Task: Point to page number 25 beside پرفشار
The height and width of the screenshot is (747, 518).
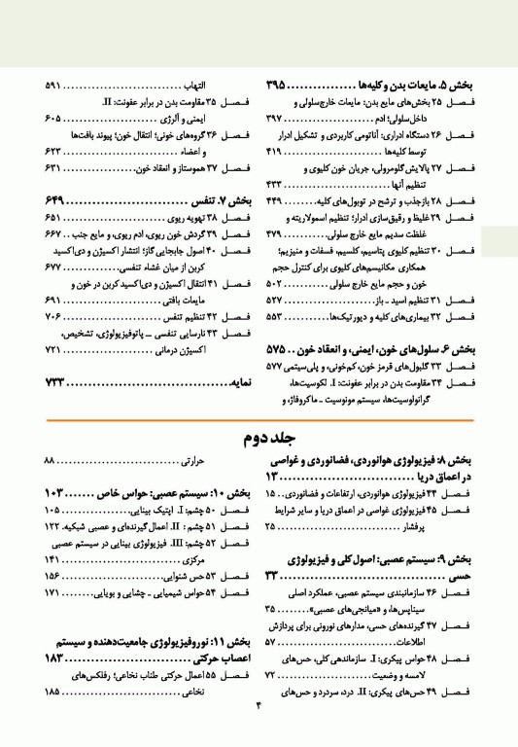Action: click(270, 526)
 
